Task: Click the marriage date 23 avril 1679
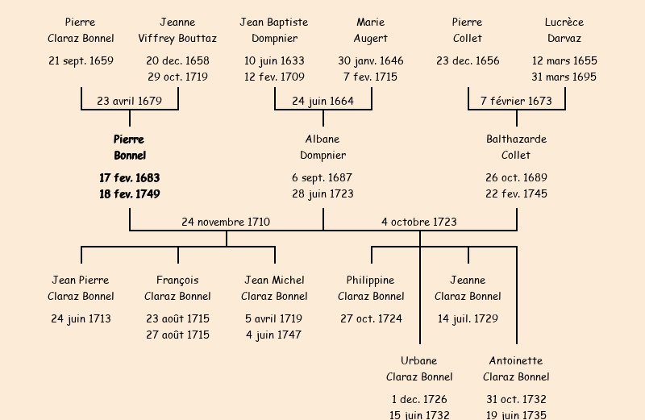[x=129, y=102]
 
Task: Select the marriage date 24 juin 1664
[x=322, y=102]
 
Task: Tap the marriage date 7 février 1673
[x=516, y=102]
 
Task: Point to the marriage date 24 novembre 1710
[x=226, y=222]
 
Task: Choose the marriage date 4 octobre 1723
[x=419, y=222]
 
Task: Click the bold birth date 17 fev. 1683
[x=130, y=177]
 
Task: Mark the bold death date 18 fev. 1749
[x=130, y=194]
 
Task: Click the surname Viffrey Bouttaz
[x=177, y=39]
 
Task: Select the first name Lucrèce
[x=564, y=23]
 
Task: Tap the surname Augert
[x=371, y=39]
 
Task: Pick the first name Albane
[x=322, y=139]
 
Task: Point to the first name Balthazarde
[x=516, y=139]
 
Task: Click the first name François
[x=177, y=281]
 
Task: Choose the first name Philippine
[x=371, y=281]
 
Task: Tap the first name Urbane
[x=419, y=361]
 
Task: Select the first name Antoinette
[x=516, y=361]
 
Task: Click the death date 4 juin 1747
[x=274, y=335]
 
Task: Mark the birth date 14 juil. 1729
[x=468, y=319]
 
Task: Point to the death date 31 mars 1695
[x=564, y=77]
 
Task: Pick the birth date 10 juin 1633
[x=274, y=61]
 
